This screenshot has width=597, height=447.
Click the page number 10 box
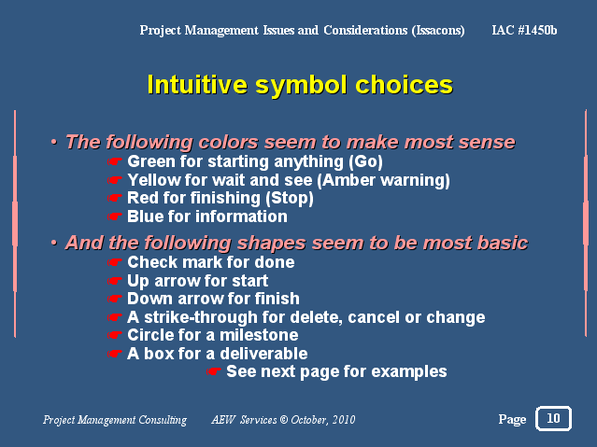[x=553, y=418]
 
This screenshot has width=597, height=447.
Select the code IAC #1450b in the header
[x=524, y=30]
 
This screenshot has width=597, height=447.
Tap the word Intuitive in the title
[x=197, y=84]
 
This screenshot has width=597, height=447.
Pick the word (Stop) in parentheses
[x=290, y=198]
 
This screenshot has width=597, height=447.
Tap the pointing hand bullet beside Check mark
[x=114, y=262]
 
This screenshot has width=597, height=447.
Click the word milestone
[x=259, y=335]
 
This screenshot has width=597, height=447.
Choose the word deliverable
[x=263, y=354]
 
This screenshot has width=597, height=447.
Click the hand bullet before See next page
[x=213, y=371]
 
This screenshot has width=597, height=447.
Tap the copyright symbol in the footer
[x=284, y=420]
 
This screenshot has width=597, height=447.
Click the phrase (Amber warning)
[x=383, y=180]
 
